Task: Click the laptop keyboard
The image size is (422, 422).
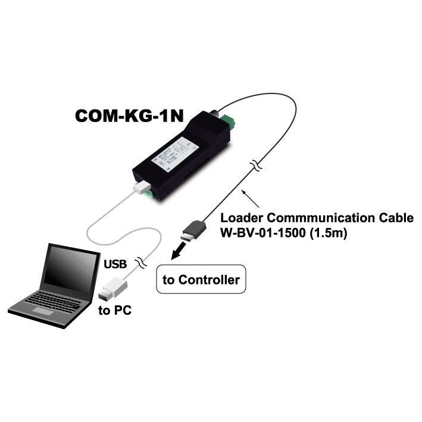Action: click(x=54, y=301)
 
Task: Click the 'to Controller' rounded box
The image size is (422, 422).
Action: click(x=201, y=280)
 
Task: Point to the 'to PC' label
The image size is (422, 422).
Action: click(x=114, y=310)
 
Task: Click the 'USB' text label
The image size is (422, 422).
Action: click(x=115, y=263)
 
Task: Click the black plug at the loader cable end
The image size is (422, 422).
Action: click(x=193, y=230)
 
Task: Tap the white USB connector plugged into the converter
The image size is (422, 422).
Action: click(x=141, y=187)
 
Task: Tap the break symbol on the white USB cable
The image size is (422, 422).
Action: click(x=142, y=261)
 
